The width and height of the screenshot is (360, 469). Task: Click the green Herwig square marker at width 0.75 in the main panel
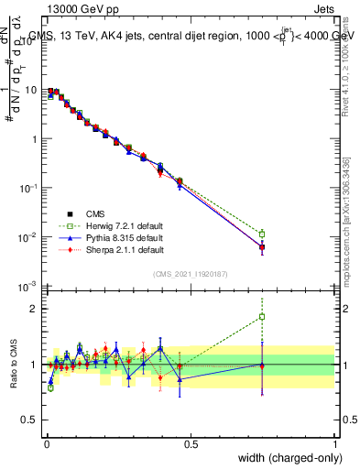[x=262, y=234]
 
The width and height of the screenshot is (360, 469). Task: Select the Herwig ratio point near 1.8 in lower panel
[x=262, y=317]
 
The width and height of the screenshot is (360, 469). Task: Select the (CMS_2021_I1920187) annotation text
[x=190, y=273]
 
